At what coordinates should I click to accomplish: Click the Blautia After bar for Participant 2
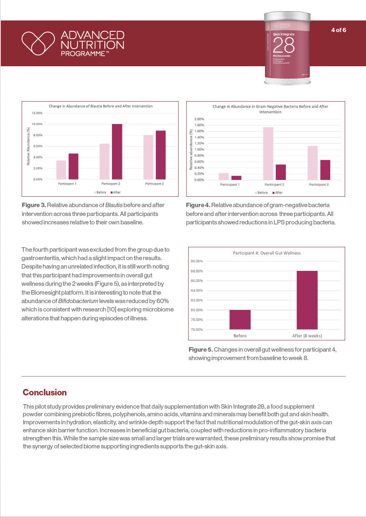(x=117, y=152)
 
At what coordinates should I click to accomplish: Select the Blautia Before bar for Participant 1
(x=61, y=170)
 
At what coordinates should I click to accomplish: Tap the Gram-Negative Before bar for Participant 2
(x=268, y=153)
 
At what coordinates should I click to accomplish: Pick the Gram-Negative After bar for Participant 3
(x=325, y=170)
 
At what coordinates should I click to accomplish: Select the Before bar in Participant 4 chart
(x=240, y=320)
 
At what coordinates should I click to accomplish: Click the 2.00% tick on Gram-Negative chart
(x=199, y=119)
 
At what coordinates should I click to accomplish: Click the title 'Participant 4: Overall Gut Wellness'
(x=267, y=253)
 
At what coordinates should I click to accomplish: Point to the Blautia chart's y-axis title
(x=28, y=146)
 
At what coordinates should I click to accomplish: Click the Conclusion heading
(x=45, y=392)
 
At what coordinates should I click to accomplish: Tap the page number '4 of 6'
(x=339, y=30)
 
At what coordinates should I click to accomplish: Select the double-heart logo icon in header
(x=38, y=43)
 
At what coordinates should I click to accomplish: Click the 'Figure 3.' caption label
(x=34, y=205)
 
